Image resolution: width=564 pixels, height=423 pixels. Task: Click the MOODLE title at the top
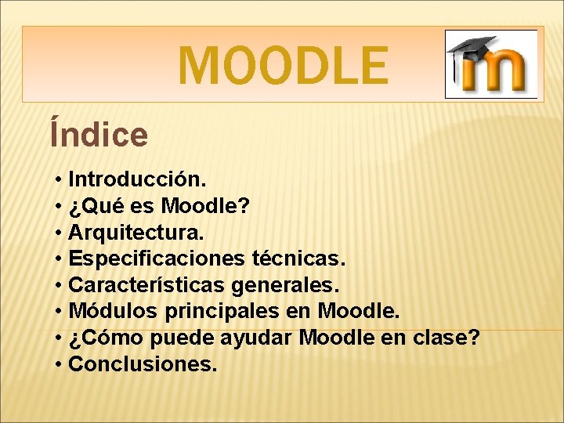pos(282,65)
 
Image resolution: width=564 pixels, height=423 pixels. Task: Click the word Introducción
pos(138,179)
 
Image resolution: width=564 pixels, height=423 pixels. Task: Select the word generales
pos(295,285)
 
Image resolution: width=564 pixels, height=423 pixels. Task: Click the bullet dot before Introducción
pos(60,180)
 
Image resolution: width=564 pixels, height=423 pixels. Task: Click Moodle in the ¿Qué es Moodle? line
pos(205,206)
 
